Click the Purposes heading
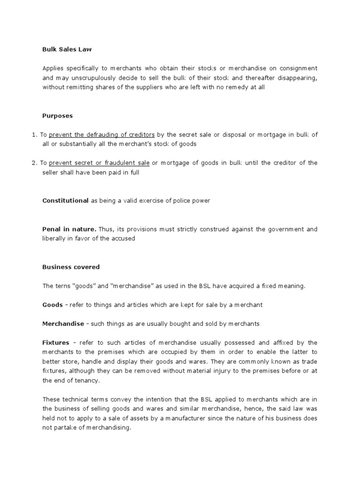(58, 115)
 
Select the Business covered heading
(71, 267)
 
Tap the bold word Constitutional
(65, 201)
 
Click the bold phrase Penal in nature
(69, 229)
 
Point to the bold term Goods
(52, 305)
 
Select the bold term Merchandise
(63, 324)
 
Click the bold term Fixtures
(56, 343)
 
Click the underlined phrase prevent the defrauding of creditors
(102, 135)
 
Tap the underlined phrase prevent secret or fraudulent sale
(99, 163)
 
